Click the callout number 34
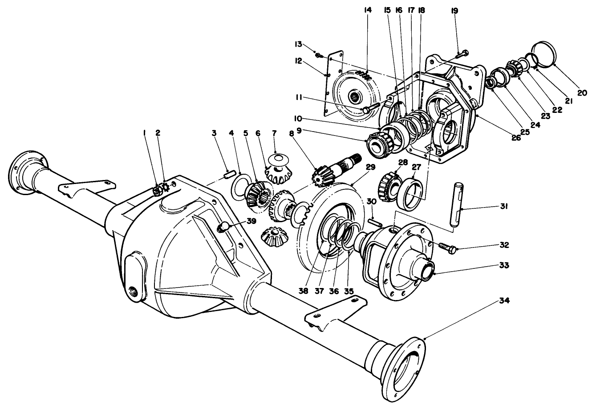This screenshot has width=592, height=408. [x=504, y=301]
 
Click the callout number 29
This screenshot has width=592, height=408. [x=370, y=167]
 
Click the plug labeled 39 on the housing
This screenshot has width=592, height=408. [x=223, y=228]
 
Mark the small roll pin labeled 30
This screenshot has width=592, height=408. [x=373, y=221]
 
